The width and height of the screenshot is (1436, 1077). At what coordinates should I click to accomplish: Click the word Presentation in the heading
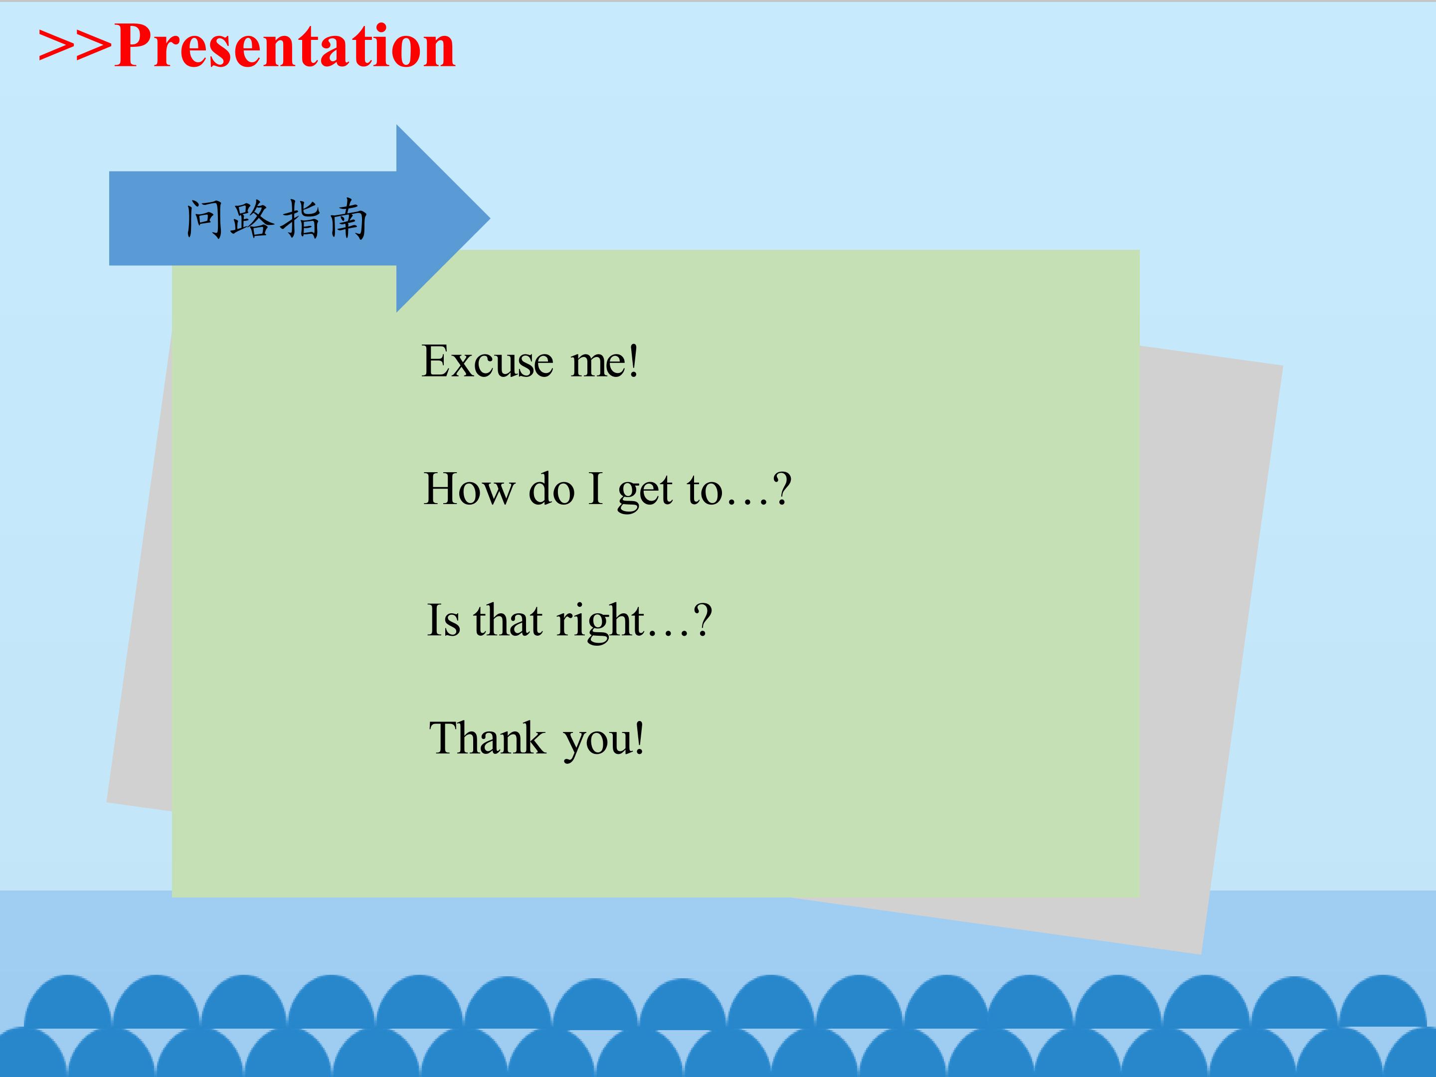[x=285, y=47]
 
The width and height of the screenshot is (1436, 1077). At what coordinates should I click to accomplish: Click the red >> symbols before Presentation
[x=76, y=47]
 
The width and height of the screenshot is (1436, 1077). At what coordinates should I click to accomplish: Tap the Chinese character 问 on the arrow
[x=204, y=219]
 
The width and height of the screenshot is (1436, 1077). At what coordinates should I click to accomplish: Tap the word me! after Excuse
[x=604, y=361]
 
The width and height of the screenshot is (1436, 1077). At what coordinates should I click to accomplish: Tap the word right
[x=600, y=622]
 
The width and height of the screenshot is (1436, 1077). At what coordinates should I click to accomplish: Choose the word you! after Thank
[x=604, y=741]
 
